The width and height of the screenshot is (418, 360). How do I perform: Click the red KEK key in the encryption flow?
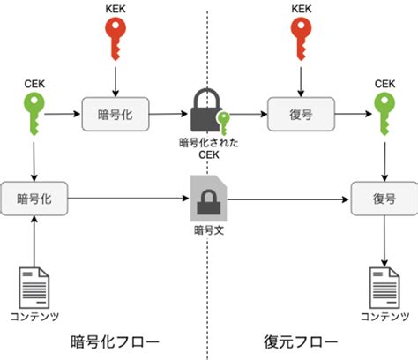pos(116,38)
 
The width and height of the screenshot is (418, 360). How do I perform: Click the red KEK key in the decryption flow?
pos(301,38)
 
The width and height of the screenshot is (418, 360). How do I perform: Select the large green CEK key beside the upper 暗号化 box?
pos(34,113)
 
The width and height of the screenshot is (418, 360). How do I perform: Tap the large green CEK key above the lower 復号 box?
pos(384,113)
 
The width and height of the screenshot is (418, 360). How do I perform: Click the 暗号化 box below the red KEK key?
pos(116,114)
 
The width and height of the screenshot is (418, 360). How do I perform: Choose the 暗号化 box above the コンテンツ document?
pos(34,199)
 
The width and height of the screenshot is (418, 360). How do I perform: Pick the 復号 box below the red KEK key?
pos(301,114)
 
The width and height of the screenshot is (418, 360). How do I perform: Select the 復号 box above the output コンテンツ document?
pos(384,199)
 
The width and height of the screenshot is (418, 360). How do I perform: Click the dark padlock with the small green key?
pos(208,110)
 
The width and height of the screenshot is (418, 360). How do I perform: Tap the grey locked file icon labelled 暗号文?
pos(208,198)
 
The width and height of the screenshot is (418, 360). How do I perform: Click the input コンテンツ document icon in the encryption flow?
pos(34,288)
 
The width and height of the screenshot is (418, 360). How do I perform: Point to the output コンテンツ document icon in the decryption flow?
pos(384,288)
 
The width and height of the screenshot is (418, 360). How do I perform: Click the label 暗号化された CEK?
pos(209,149)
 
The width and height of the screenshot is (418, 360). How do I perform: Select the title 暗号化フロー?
pos(115,341)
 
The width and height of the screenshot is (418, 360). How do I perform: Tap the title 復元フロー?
pos(301,341)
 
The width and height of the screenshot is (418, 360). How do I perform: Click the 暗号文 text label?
pos(209,230)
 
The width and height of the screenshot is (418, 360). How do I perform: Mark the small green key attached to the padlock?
pos(223,124)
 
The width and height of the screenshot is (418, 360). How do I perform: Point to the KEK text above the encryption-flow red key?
pos(116,9)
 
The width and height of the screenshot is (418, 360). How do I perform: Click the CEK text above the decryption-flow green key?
pos(384,84)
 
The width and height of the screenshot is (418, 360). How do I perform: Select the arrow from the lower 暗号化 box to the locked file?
pos(129,199)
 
